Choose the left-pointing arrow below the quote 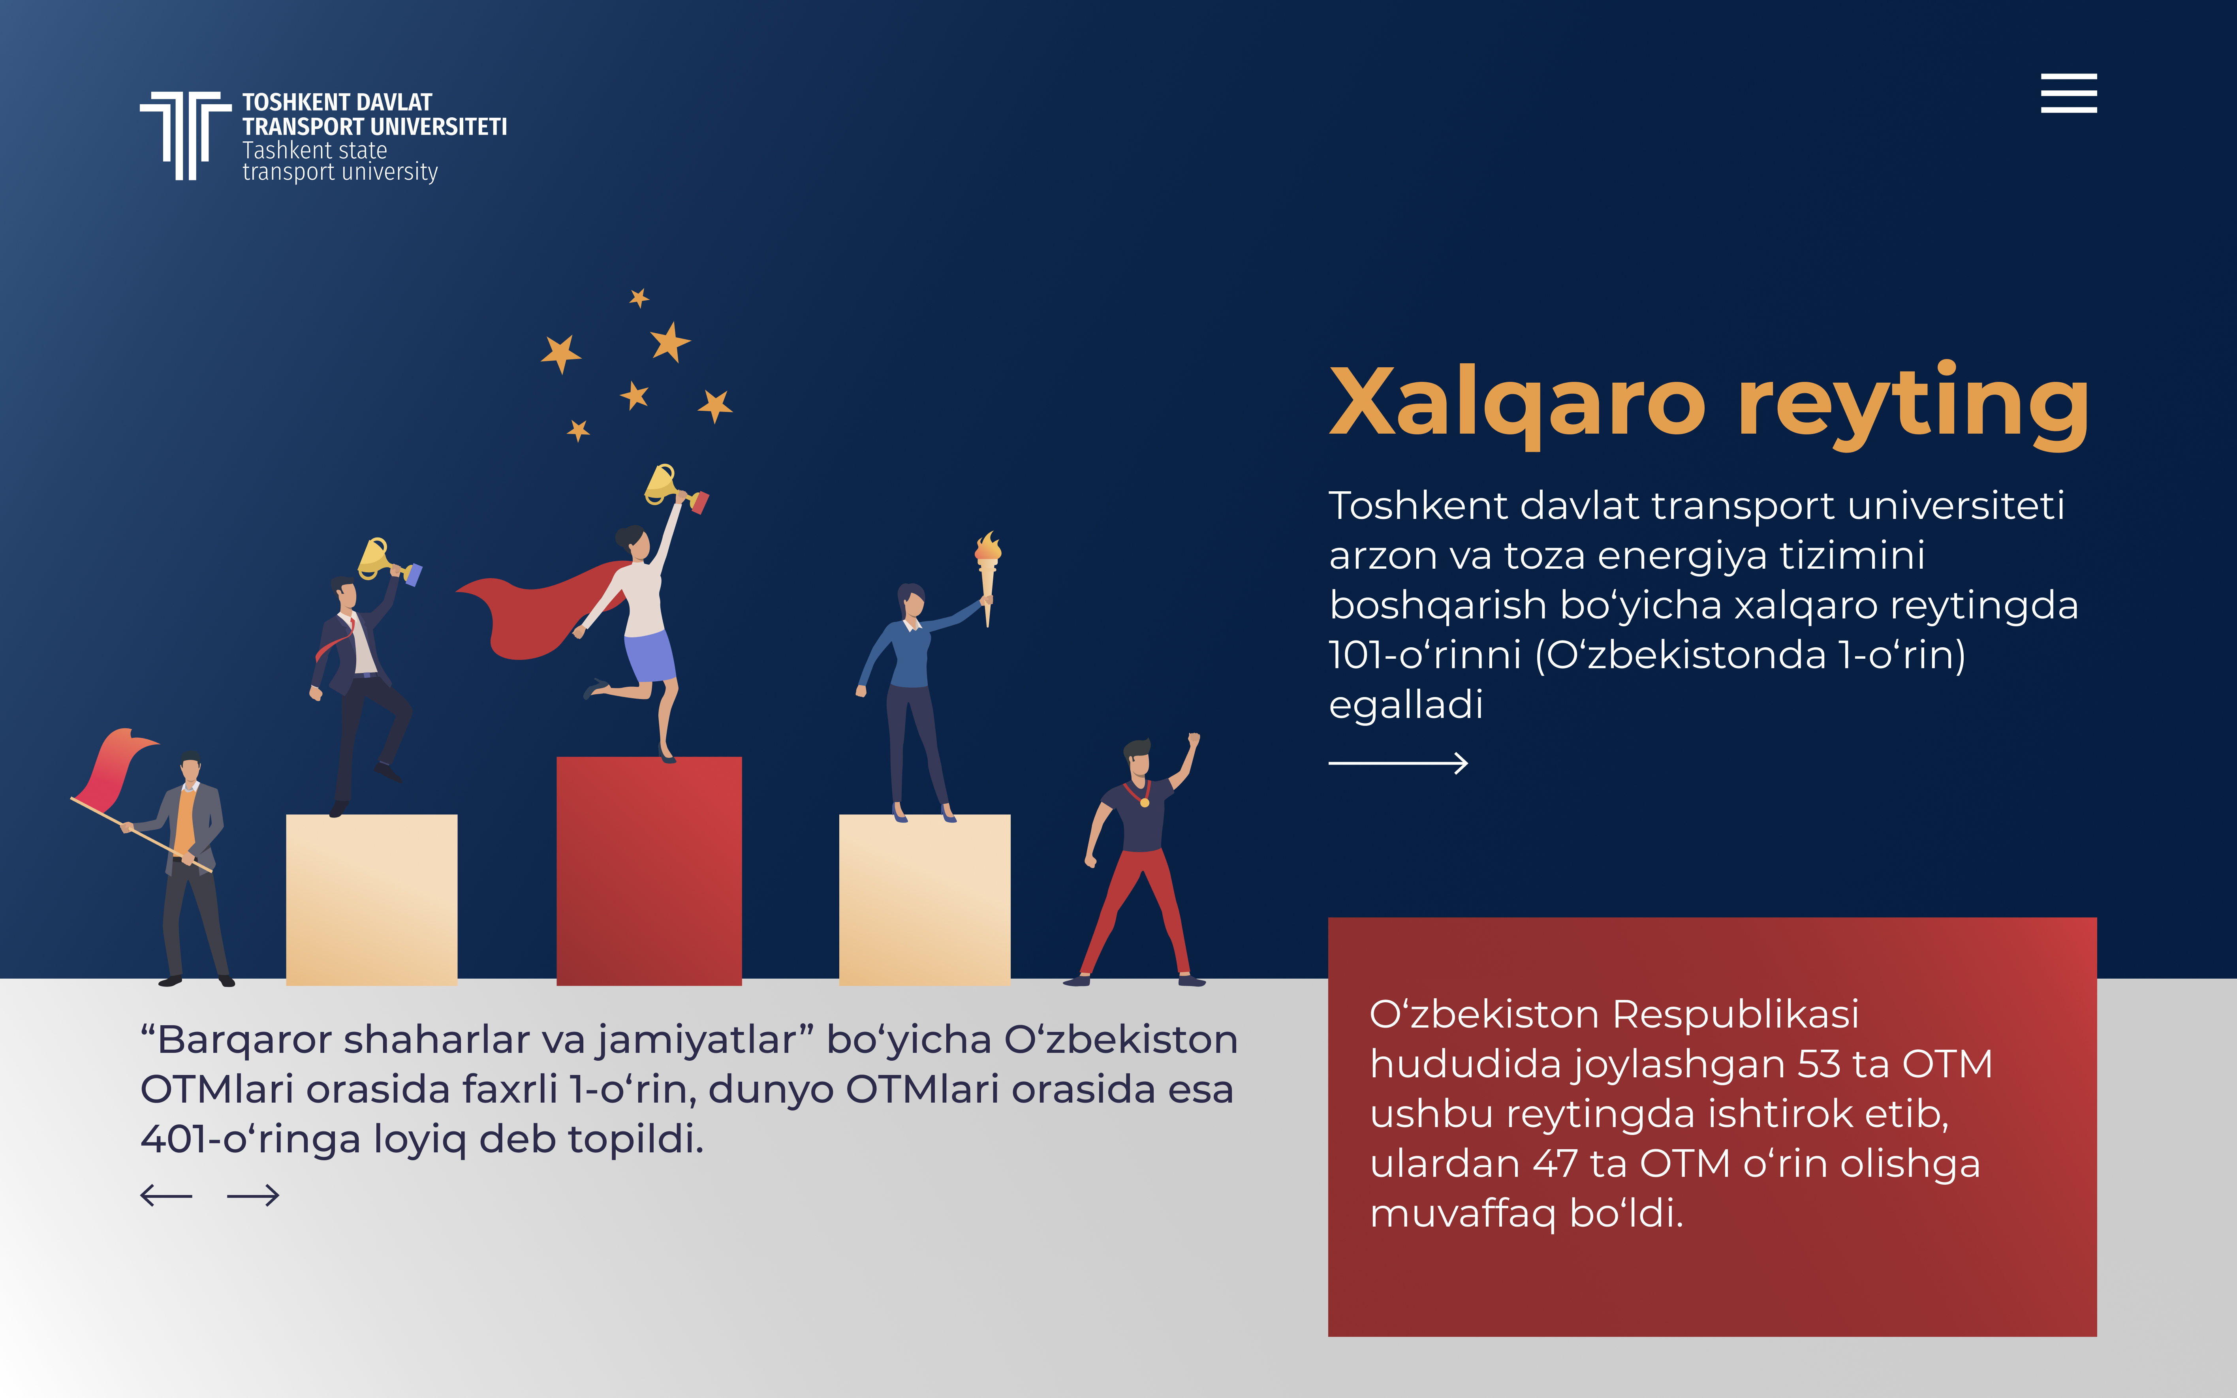point(166,1195)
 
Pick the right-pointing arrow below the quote point(253,1195)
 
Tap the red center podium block point(649,871)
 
